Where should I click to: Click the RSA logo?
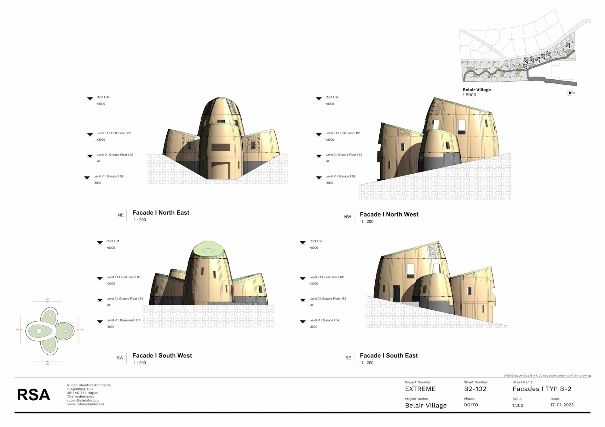(x=33, y=395)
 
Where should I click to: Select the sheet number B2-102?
(x=475, y=389)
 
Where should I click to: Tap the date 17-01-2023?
(x=562, y=405)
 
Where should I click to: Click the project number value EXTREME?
(x=420, y=389)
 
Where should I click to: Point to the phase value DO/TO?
(x=471, y=405)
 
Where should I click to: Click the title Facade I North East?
(x=161, y=213)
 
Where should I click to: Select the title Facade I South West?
(x=162, y=356)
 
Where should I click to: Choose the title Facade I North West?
(x=389, y=215)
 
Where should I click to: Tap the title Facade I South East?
(x=389, y=356)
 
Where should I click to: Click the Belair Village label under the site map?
(x=476, y=90)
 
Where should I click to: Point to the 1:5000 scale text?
(x=469, y=95)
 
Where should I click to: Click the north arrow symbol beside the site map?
(x=569, y=93)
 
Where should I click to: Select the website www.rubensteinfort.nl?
(x=85, y=404)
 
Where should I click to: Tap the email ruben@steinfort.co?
(x=83, y=401)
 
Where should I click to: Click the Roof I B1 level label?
(x=113, y=241)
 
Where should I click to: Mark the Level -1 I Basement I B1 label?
(x=123, y=320)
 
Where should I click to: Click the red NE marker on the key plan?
(x=82, y=330)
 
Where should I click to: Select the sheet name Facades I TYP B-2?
(x=542, y=389)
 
